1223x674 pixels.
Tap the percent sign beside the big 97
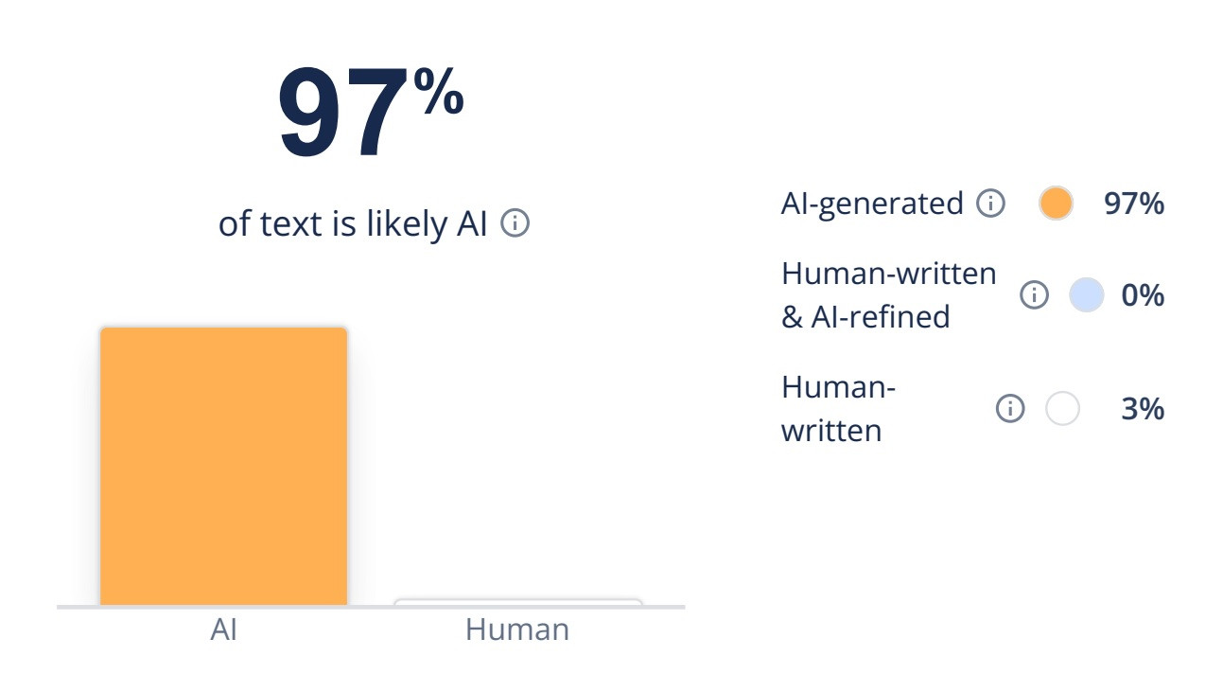point(439,90)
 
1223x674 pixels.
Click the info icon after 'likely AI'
point(515,223)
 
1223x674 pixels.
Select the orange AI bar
point(224,467)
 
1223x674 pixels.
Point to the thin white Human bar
point(518,602)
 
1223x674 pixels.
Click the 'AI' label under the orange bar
point(224,630)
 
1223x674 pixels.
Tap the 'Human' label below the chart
point(517,630)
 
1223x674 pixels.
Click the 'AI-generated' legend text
point(872,204)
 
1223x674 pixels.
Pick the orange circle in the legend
point(1056,204)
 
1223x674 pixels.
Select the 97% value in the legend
point(1134,204)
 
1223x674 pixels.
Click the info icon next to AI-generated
point(990,204)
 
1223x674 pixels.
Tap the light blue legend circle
point(1087,295)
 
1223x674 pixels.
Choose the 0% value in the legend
point(1143,295)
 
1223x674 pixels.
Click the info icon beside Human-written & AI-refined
point(1034,295)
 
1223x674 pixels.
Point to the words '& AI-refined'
point(865,316)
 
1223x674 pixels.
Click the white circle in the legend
point(1062,408)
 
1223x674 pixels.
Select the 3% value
point(1143,408)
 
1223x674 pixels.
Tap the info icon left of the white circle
point(1010,408)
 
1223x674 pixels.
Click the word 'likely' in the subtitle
point(407,224)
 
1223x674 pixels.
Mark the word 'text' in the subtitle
point(290,224)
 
